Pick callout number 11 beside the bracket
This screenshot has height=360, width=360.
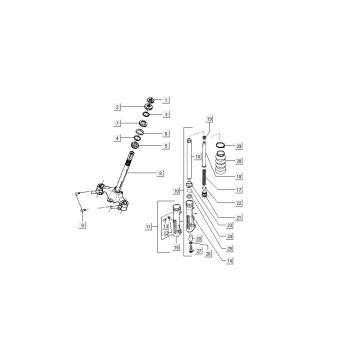click(x=148, y=227)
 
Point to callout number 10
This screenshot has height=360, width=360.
click(x=177, y=190)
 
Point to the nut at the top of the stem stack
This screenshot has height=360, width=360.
click(x=150, y=100)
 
